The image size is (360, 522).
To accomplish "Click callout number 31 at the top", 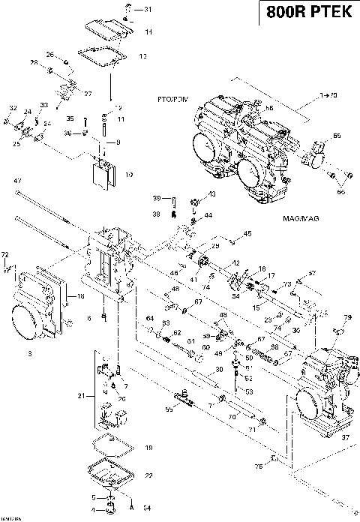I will tap(147, 10).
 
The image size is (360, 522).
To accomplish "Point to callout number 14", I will tap(148, 31).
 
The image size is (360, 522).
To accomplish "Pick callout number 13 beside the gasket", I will tap(142, 55).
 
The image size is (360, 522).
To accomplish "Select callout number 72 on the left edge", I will tap(5, 255).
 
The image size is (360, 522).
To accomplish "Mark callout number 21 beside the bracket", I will tap(82, 394).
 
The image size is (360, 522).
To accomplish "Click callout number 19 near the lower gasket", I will tap(148, 448).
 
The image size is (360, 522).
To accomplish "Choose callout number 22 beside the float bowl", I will tap(148, 475).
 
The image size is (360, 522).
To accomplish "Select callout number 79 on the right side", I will tap(347, 318).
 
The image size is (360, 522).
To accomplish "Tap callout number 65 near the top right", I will tap(337, 136).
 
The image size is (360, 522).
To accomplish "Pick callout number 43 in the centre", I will tap(211, 193).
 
